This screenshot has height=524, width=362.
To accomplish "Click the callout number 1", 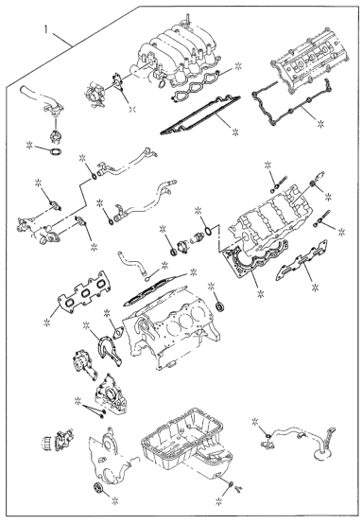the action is [x=46, y=29].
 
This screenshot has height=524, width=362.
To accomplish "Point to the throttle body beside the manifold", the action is [x=93, y=96].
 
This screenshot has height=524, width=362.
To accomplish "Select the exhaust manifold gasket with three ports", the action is [x=83, y=294].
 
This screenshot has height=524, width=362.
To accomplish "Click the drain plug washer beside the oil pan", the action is [x=231, y=484].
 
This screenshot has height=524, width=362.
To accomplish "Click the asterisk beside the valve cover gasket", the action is [x=321, y=124].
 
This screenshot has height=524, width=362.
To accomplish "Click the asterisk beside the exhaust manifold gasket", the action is [x=46, y=322].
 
